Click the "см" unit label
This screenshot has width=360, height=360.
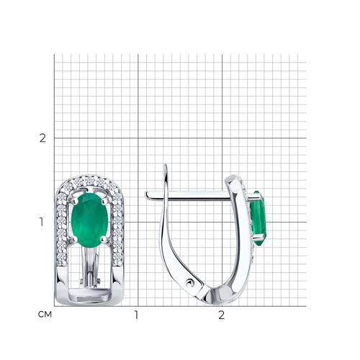click(x=45, y=314)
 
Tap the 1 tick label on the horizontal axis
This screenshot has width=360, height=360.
click(x=136, y=315)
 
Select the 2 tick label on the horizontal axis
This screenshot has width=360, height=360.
click(x=221, y=315)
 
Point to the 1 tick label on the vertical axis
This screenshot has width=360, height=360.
click(x=42, y=222)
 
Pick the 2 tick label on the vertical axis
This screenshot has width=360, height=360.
click(x=42, y=138)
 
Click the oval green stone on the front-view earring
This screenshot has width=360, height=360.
click(x=89, y=220)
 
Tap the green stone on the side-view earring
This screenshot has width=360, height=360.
click(x=258, y=218)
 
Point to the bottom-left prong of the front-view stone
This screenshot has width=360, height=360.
click(x=75, y=238)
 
